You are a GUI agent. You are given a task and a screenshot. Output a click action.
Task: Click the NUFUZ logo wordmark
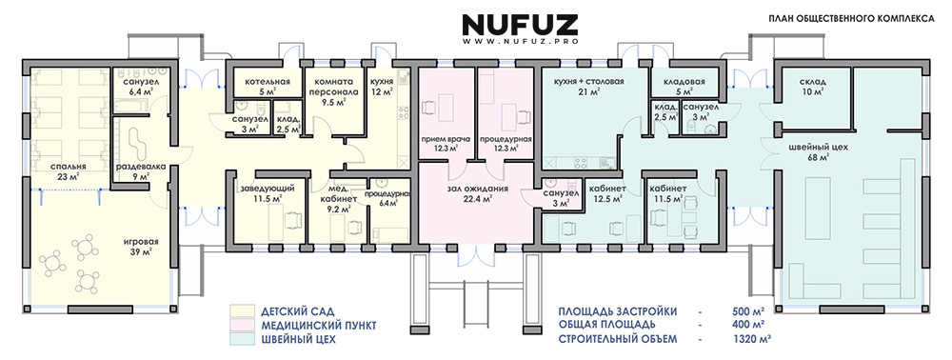520,24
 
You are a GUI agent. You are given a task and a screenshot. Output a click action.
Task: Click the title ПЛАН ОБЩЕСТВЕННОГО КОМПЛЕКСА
851,19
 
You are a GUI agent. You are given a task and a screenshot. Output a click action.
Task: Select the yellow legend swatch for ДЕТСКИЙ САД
242,312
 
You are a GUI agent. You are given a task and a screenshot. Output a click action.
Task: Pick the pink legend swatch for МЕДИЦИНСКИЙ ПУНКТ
242,326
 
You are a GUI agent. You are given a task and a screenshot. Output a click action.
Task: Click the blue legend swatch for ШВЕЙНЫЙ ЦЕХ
242,339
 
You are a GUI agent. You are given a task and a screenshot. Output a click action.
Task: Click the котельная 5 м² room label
268,87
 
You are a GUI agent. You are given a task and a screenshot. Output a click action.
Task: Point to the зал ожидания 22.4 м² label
479,193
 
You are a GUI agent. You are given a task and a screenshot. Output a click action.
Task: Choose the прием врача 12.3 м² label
446,143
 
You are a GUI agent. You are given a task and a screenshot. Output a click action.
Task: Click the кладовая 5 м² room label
684,87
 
